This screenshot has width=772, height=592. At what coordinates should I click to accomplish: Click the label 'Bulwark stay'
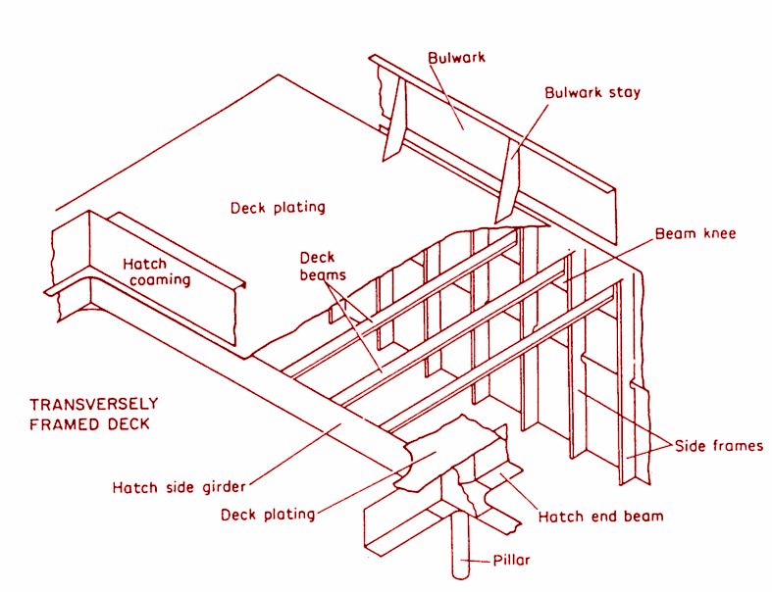tap(592, 93)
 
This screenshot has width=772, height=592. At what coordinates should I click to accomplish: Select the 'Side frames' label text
tap(719, 446)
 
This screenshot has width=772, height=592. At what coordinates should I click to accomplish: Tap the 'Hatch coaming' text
tap(156, 271)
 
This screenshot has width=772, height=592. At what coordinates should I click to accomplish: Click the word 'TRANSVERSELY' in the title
tap(93, 404)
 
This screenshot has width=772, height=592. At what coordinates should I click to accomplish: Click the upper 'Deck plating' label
tap(278, 208)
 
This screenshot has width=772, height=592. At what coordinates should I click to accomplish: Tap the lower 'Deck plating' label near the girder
tap(267, 514)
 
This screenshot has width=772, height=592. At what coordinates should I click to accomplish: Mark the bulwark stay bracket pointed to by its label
tap(508, 181)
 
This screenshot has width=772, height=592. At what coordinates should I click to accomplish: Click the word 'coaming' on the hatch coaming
tap(156, 280)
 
